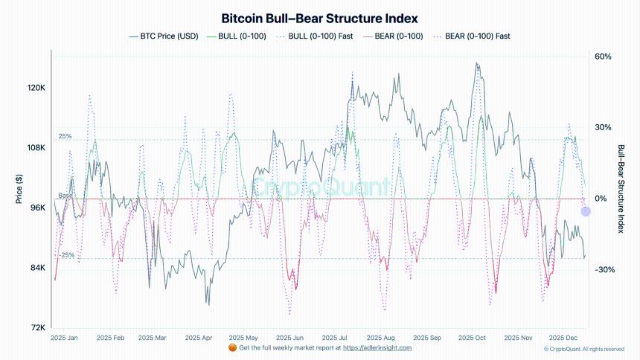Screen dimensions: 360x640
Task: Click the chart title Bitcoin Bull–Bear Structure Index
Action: click(319, 18)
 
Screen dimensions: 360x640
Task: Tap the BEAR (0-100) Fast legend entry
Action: click(477, 36)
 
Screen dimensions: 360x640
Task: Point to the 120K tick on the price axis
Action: click(36, 88)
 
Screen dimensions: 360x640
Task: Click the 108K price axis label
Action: click(36, 148)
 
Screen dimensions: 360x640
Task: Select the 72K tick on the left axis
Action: click(38, 327)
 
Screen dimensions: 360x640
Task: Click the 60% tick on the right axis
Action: click(603, 57)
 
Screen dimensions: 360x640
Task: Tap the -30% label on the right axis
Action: click(604, 270)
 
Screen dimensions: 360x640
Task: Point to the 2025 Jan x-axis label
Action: click(63, 338)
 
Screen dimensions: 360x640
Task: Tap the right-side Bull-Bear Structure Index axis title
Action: click(621, 190)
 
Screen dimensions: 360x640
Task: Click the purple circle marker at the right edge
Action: click(586, 211)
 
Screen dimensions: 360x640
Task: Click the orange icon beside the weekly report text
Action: click(232, 347)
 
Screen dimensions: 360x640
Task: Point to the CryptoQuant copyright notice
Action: click(584, 349)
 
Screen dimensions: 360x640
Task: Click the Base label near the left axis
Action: click(65, 196)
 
